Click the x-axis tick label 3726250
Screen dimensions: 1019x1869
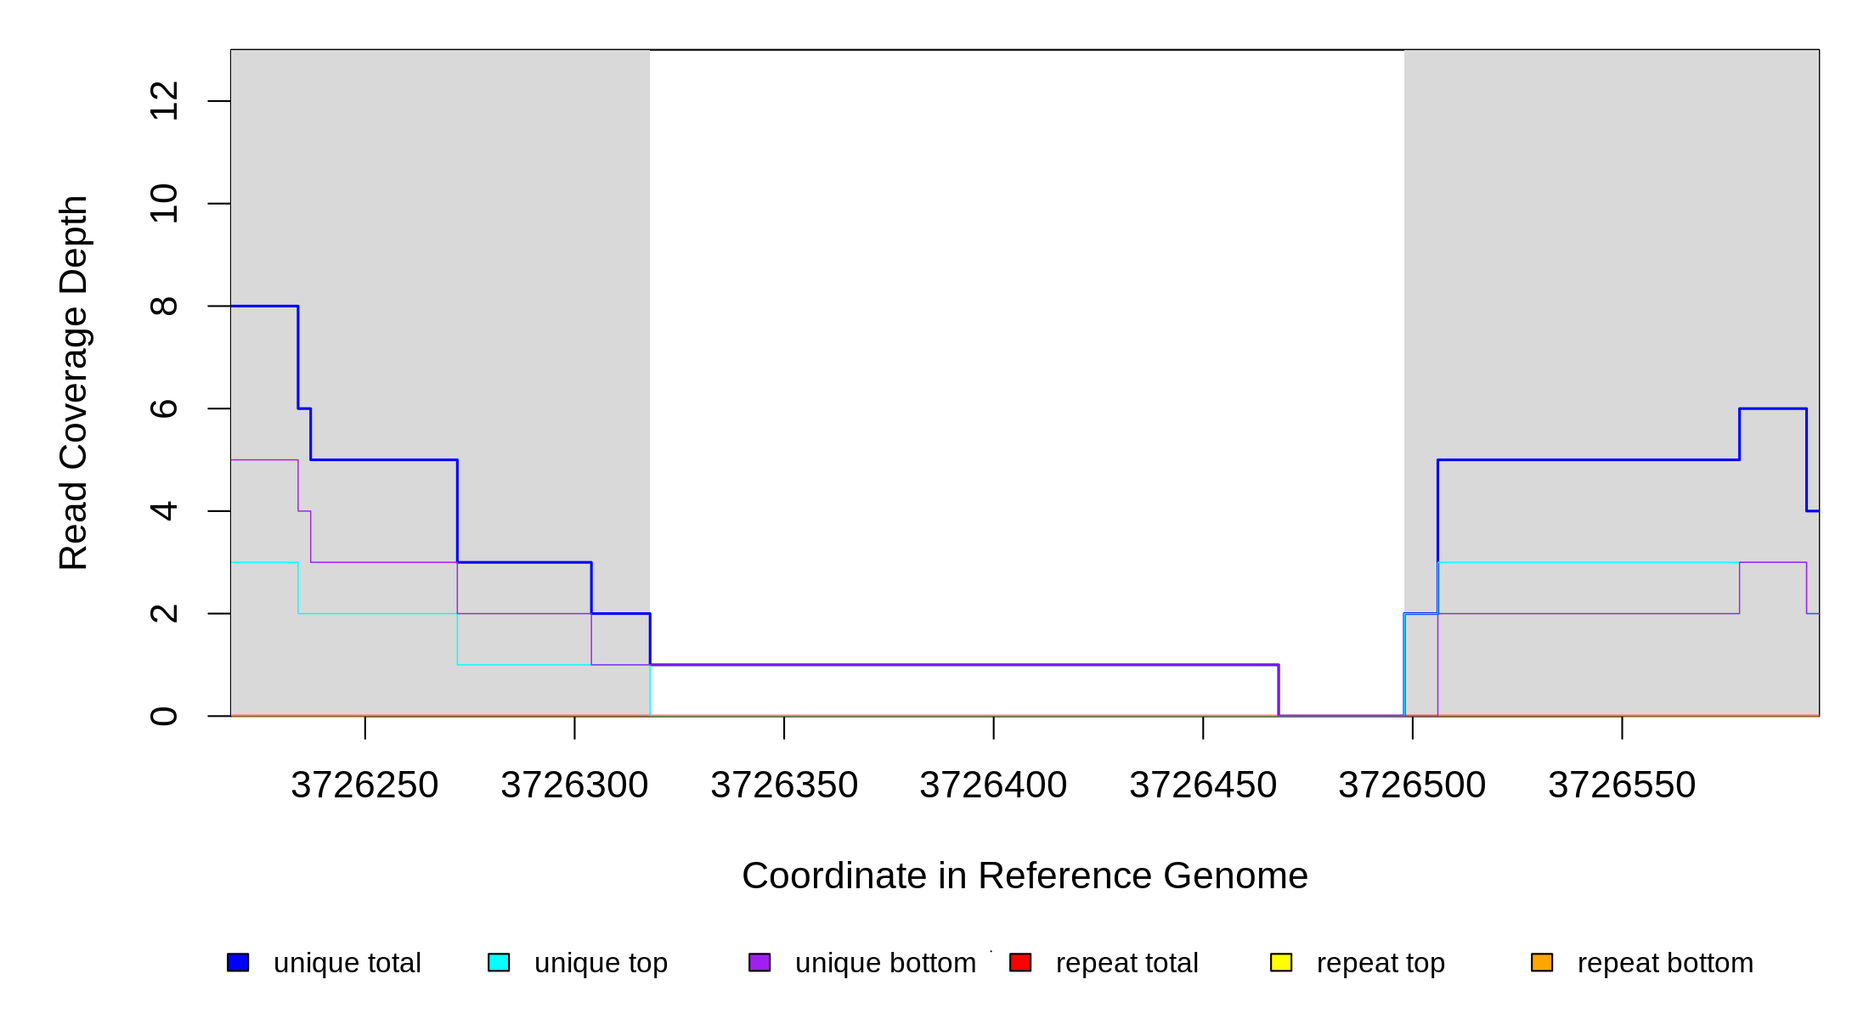click(364, 785)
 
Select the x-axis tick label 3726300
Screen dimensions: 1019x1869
click(574, 785)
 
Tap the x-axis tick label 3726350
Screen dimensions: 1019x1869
click(784, 785)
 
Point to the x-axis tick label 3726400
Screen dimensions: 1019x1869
click(993, 785)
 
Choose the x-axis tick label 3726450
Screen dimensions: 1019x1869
click(1203, 785)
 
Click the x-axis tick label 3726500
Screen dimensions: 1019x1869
click(1412, 785)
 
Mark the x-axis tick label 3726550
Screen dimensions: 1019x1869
click(1622, 785)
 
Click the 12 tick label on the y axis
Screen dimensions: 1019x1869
click(164, 101)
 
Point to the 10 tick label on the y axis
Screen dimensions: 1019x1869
click(164, 204)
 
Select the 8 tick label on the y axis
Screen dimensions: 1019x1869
click(164, 306)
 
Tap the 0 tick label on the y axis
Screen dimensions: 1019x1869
click(164, 716)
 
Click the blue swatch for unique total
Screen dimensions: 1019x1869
click(238, 962)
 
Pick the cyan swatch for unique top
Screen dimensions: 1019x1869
click(499, 962)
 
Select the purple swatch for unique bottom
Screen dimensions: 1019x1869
click(759, 962)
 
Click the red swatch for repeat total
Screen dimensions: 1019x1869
click(1020, 962)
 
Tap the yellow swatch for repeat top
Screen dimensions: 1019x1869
click(1281, 962)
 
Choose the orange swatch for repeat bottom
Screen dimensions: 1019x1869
click(1542, 962)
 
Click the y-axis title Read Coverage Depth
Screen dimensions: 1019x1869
click(74, 382)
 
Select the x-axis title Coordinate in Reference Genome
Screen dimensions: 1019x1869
click(1025, 875)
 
